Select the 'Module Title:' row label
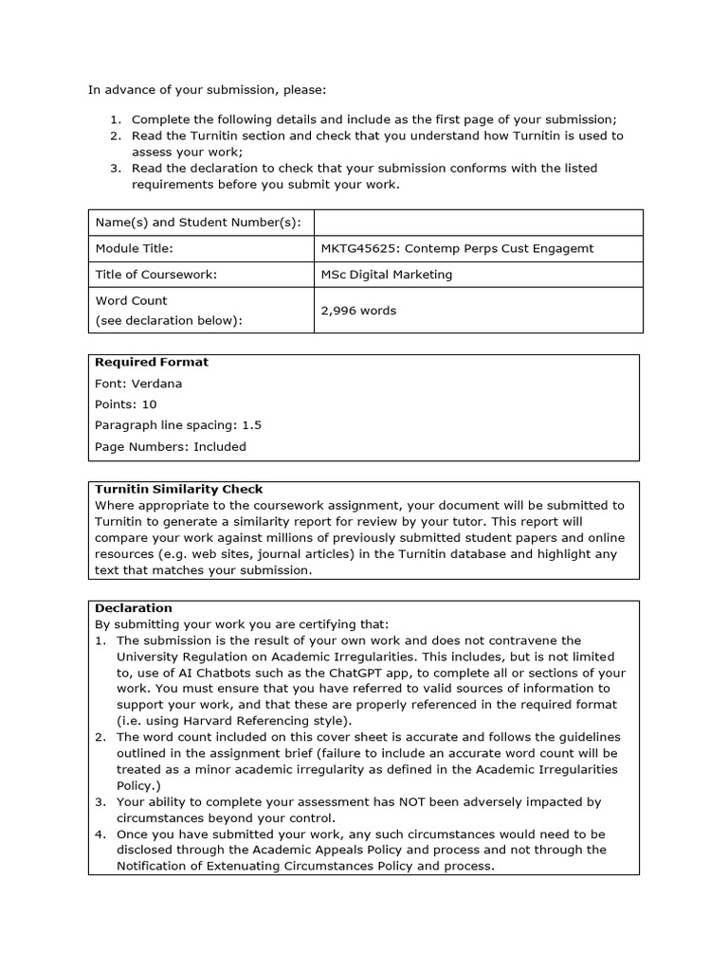click(x=135, y=248)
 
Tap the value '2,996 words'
click(x=358, y=311)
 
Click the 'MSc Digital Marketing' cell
click(x=387, y=275)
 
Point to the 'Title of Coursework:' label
click(x=156, y=275)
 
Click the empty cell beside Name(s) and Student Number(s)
click(x=478, y=223)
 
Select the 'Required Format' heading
click(x=152, y=362)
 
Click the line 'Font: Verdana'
click(x=138, y=384)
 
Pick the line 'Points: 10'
click(x=126, y=404)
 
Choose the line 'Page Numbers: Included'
click(x=171, y=446)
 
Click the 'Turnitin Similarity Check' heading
click(x=179, y=489)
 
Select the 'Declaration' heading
click(x=134, y=608)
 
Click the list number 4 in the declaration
click(x=100, y=835)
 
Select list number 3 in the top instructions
click(x=114, y=169)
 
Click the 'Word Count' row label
click(x=132, y=300)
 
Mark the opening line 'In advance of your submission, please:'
click(x=207, y=90)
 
